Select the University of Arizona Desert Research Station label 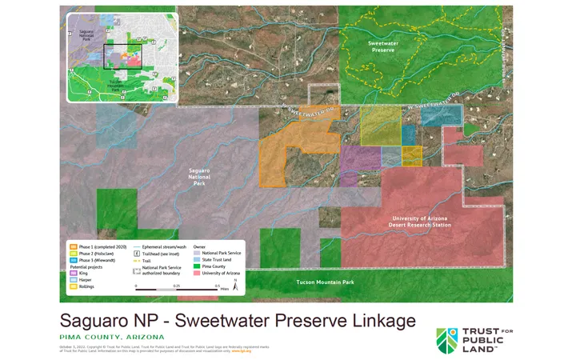point(422,222)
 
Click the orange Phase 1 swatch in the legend point(73,247)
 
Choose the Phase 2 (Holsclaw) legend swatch point(73,254)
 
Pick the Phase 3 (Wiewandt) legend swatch point(73,260)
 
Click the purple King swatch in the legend point(73,273)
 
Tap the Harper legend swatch point(73,279)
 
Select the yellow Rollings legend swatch point(73,286)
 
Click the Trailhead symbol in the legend point(137,254)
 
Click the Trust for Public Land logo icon point(449,340)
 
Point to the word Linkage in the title point(375,321)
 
